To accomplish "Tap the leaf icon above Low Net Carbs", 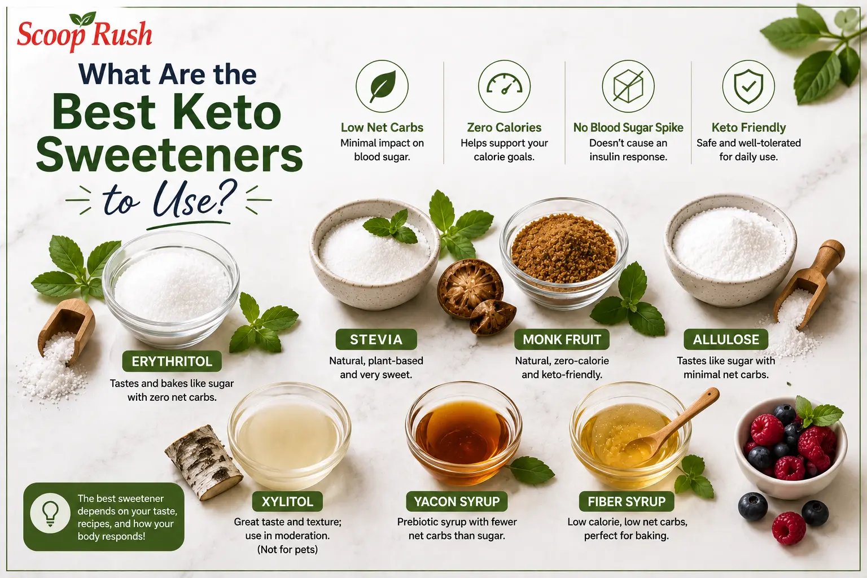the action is tap(382, 86).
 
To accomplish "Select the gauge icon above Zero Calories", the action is tap(504, 86).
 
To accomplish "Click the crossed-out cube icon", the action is tap(628, 86).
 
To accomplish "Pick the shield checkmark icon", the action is tap(748, 86).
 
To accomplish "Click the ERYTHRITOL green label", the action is tap(172, 361).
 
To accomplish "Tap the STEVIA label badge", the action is tap(376, 340).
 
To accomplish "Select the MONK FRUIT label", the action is tap(562, 340).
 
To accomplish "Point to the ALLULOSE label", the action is tap(726, 340).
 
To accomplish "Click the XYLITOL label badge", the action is tap(287, 501).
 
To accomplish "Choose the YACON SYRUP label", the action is tap(457, 501).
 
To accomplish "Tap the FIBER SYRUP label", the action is tap(626, 501).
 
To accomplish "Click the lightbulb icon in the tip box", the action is tap(50, 513).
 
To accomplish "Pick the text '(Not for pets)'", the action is tap(287, 549).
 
